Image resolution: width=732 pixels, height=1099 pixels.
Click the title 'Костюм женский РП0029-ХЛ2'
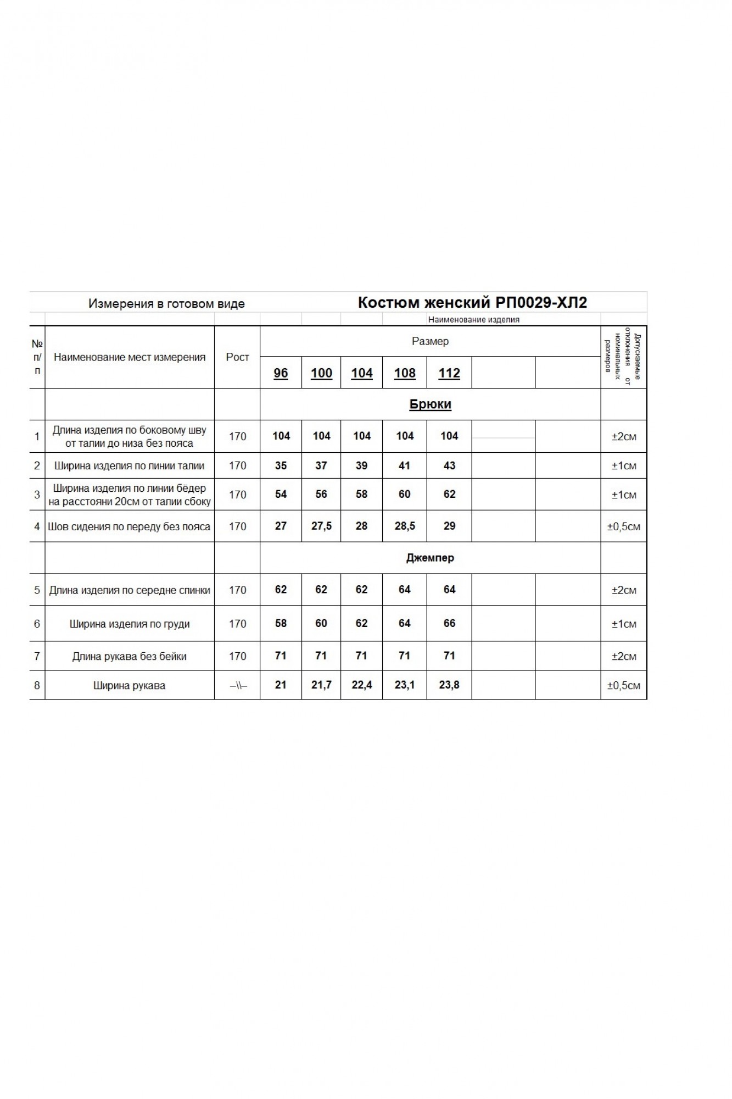point(472,303)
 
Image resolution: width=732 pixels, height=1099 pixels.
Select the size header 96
point(281,373)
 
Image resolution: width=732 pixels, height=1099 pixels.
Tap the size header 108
point(405,373)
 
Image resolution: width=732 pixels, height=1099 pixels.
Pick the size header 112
point(449,373)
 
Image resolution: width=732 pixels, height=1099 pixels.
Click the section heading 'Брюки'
point(430,404)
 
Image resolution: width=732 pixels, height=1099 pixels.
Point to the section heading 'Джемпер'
point(430,558)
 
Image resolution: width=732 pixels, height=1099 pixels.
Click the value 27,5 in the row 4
point(321,526)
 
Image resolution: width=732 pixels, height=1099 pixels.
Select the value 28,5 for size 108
point(405,526)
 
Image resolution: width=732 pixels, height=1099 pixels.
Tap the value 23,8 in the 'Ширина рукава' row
point(449,685)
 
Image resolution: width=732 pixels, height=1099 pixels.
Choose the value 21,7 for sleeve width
point(321,685)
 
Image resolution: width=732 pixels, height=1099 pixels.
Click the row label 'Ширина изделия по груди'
point(130,624)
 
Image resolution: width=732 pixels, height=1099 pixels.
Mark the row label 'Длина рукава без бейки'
point(130,656)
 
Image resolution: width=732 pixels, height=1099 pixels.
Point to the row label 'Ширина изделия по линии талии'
point(130,466)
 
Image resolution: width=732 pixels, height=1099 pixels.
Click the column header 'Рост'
point(237,357)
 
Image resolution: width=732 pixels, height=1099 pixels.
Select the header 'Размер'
point(430,341)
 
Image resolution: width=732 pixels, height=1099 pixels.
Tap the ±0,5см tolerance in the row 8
point(623,685)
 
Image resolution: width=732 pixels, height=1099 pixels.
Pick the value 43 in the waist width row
point(449,465)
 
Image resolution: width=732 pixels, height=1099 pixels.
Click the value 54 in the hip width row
point(281,494)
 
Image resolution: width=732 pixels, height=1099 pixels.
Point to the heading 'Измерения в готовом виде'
point(166,304)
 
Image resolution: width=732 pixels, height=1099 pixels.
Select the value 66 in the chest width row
point(449,623)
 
